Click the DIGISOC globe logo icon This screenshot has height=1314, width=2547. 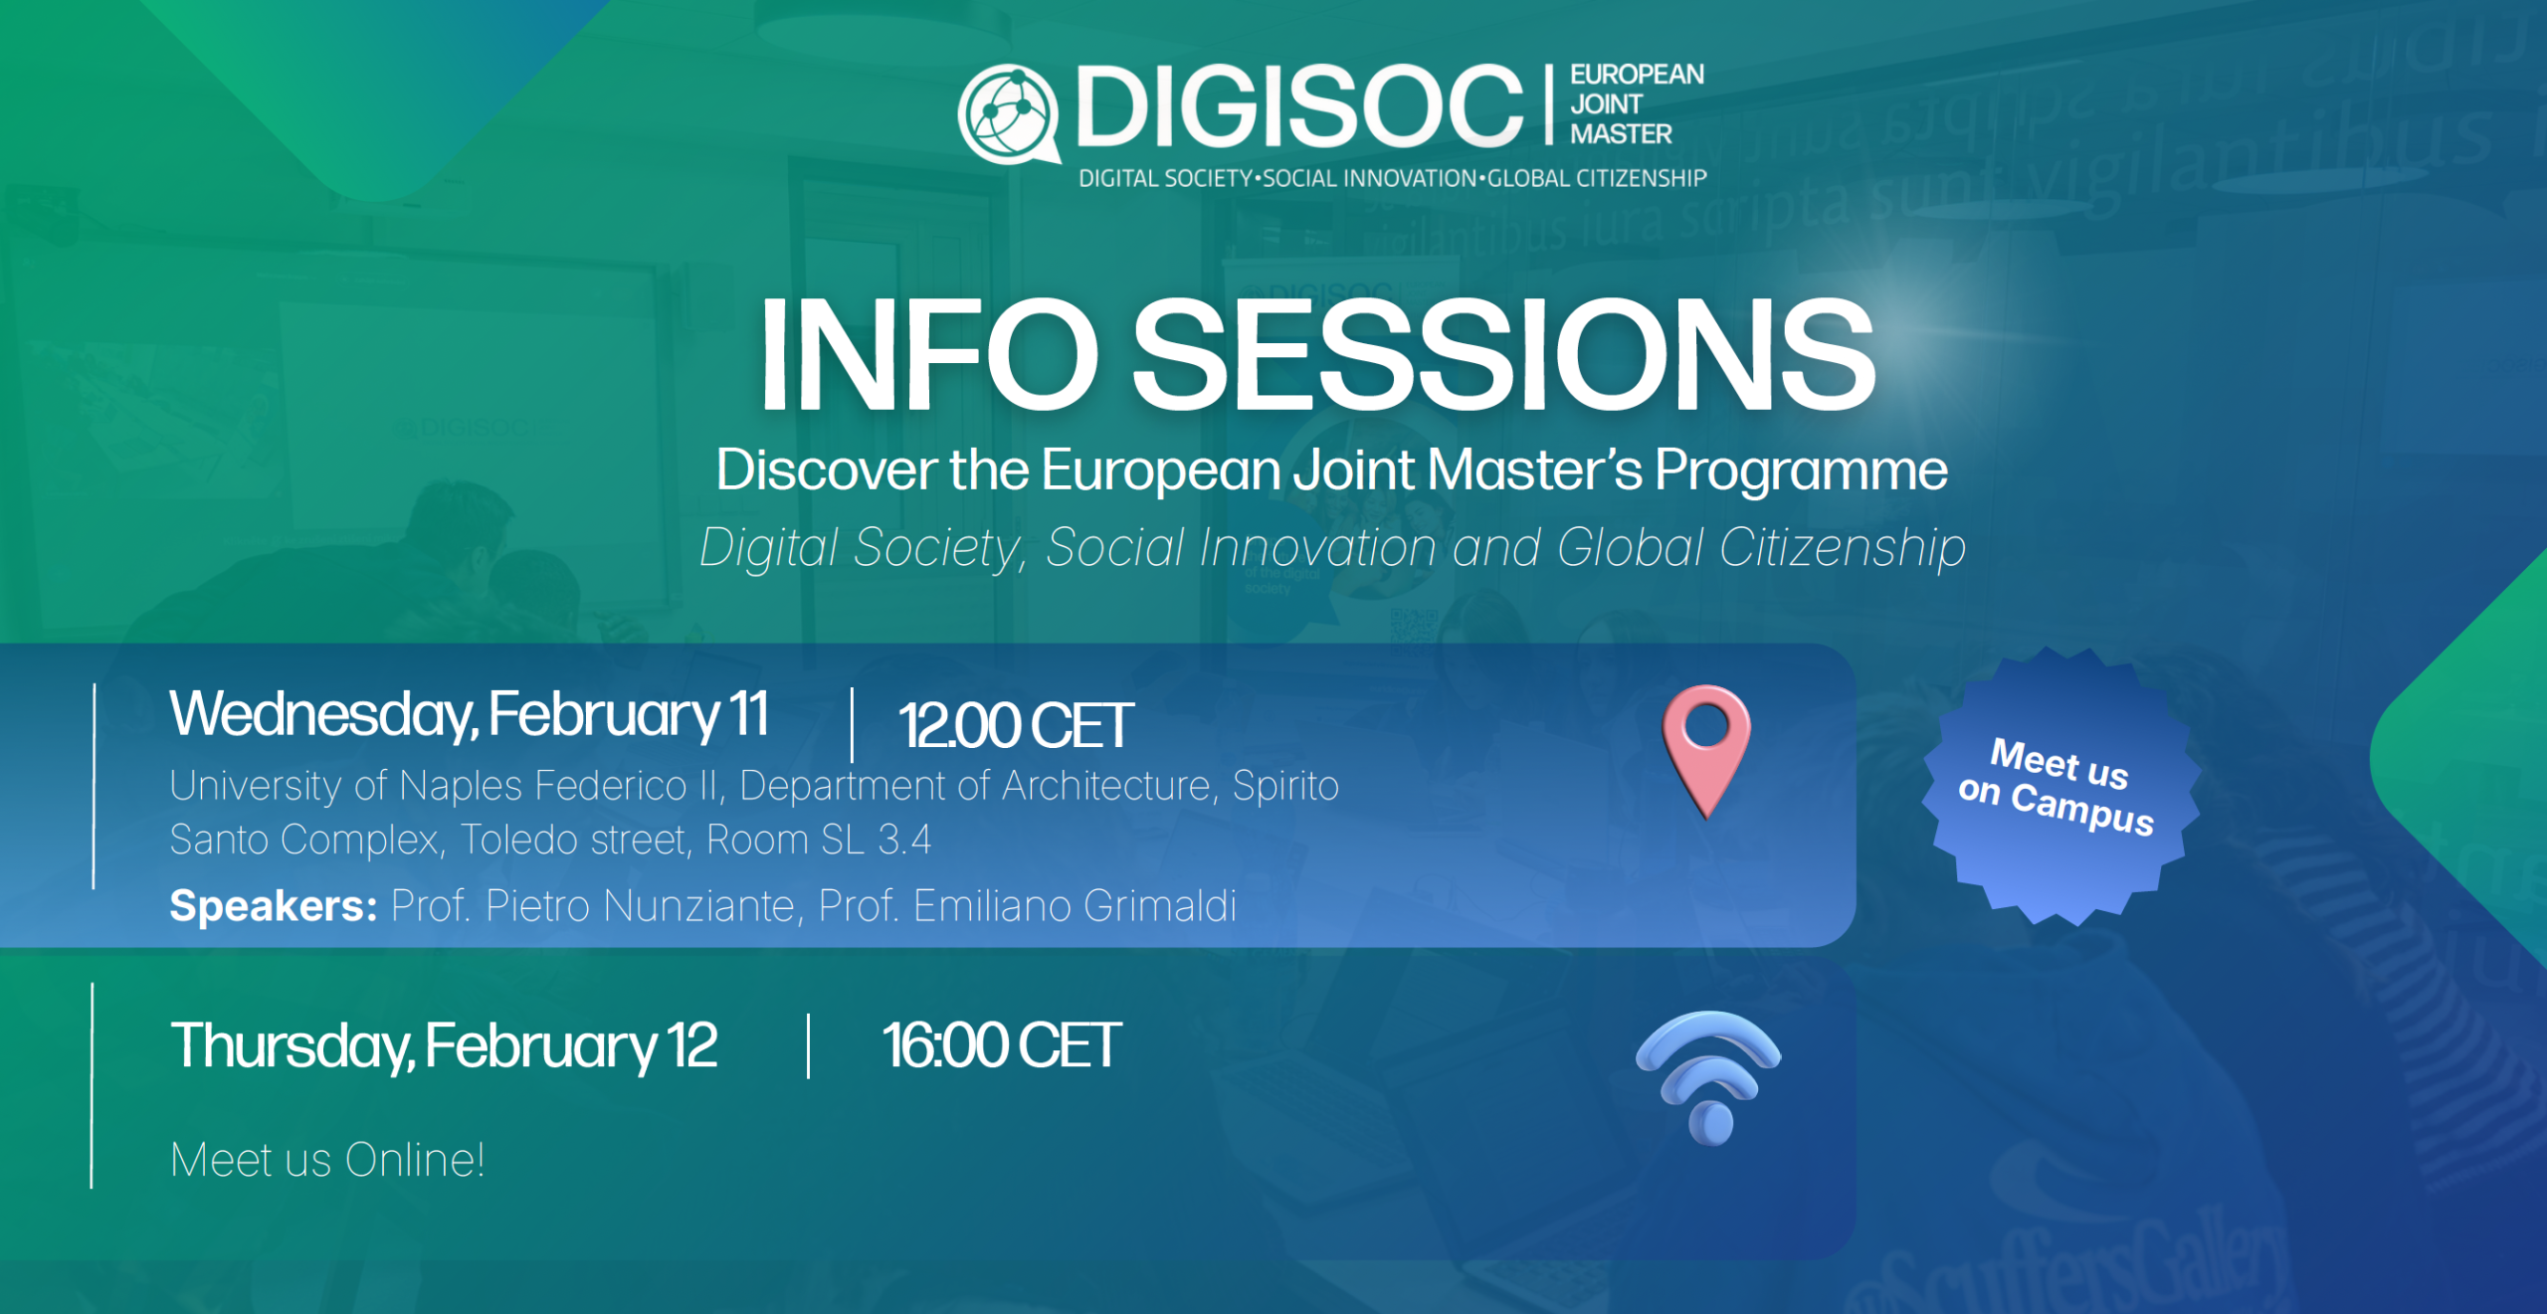click(1008, 112)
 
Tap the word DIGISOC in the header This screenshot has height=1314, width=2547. click(1299, 105)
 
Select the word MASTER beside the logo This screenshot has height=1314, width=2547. click(1621, 134)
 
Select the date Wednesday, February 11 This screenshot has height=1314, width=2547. click(469, 715)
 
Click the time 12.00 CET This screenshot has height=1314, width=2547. click(1016, 725)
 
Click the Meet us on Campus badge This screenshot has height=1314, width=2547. click(2060, 787)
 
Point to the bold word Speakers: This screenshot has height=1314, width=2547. click(274, 906)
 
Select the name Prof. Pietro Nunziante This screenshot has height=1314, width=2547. click(593, 906)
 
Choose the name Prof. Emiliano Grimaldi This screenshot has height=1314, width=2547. click(1027, 906)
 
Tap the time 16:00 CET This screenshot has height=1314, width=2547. click(1001, 1046)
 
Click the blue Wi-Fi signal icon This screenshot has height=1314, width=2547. click(1709, 1077)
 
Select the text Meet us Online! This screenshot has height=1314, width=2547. click(327, 1160)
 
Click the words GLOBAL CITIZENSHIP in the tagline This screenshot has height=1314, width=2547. click(1597, 179)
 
